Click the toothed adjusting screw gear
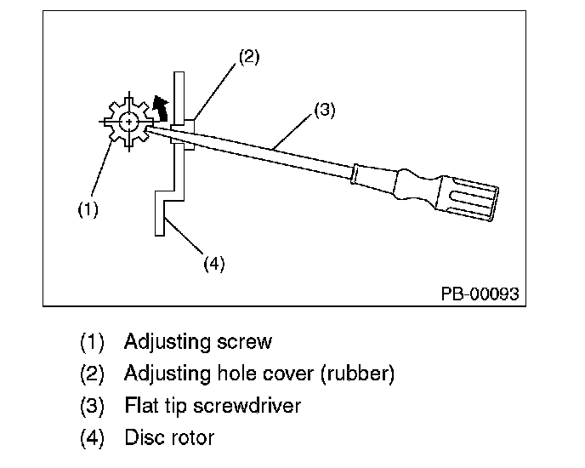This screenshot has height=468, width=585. pyautogui.click(x=129, y=122)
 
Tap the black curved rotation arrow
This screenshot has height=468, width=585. pyautogui.click(x=162, y=108)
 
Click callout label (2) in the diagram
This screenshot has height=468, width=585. pyautogui.click(x=249, y=57)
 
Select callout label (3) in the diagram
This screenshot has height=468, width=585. pyautogui.click(x=325, y=110)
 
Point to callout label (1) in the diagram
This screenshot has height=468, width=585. pyautogui.click(x=88, y=209)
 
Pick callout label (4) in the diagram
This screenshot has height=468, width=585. pyautogui.click(x=214, y=264)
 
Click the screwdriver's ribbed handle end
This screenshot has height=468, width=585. pyautogui.click(x=469, y=198)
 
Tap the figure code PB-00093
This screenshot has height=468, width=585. pyautogui.click(x=480, y=294)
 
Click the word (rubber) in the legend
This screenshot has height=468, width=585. pyautogui.click(x=357, y=374)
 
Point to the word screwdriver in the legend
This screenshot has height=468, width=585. pyautogui.click(x=247, y=406)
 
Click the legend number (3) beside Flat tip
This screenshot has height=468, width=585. pyautogui.click(x=92, y=406)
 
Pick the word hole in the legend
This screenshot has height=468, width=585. pyautogui.click(x=236, y=374)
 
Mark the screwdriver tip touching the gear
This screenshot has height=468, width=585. pyautogui.click(x=148, y=129)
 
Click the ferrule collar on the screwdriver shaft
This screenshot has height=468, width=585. pyautogui.click(x=355, y=174)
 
